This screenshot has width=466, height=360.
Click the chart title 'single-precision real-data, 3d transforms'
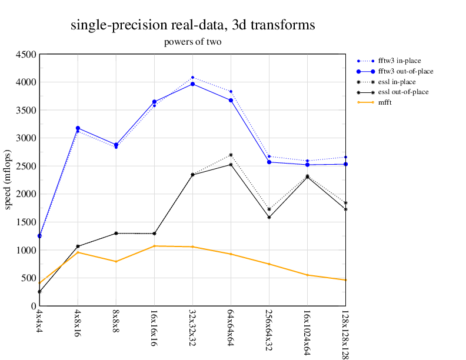(192, 25)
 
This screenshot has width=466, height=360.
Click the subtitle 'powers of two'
(192, 42)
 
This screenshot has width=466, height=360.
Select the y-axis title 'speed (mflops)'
(8, 180)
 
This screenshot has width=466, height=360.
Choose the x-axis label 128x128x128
(345, 334)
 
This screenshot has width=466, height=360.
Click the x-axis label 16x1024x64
(307, 332)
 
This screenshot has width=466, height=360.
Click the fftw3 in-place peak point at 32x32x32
(192, 77)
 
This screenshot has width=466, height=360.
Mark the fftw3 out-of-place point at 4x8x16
(78, 128)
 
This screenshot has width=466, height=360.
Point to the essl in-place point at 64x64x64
(231, 155)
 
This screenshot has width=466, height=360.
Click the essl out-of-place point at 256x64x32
(269, 218)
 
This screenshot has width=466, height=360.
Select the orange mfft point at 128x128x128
(345, 280)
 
